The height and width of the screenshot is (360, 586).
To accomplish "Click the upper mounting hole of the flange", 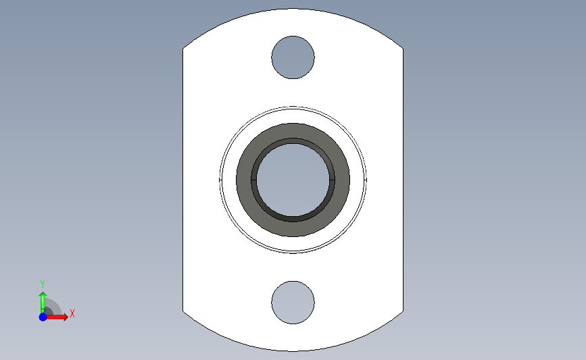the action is (293, 57).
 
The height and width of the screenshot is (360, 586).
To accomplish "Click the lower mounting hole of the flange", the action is (293, 303).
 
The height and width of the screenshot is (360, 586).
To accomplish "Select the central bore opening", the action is (293, 180).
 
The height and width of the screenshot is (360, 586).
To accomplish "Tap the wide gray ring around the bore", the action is (293, 131).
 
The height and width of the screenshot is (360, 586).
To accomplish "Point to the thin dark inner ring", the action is (293, 140).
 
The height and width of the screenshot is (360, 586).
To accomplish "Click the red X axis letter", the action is (72, 313).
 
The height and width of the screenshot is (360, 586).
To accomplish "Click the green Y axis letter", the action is (43, 284).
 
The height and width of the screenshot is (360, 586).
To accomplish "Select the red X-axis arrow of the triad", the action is (57, 317).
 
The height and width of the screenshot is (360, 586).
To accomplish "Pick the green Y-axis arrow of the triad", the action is (43, 303).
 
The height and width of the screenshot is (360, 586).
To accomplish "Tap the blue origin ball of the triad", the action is (43, 317).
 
